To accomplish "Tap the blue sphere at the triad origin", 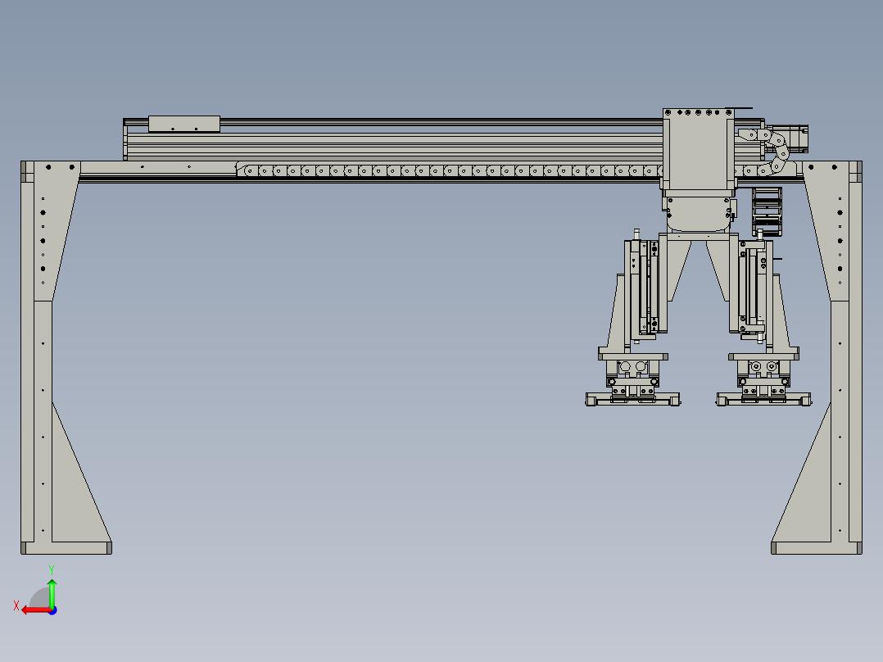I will click(x=52, y=609).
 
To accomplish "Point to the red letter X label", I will click(x=16, y=605).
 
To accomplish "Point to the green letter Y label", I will click(x=52, y=569).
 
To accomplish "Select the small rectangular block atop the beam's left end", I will click(x=184, y=124).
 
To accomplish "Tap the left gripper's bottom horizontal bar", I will click(x=632, y=399).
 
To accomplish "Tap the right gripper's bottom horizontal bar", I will click(x=764, y=399).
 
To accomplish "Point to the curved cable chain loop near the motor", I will click(x=778, y=152).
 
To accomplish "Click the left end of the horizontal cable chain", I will click(x=243, y=170).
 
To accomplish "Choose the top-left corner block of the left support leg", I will click(x=26, y=170).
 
